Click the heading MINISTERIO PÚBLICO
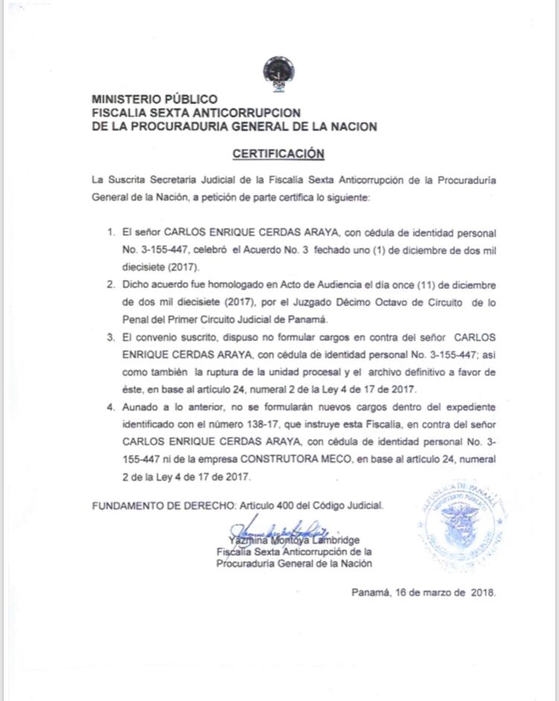coord(154,98)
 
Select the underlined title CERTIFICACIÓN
coord(279,153)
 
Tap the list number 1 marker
coord(110,233)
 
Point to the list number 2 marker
coord(110,285)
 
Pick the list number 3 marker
coord(110,337)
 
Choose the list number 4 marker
coord(110,407)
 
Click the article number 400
coord(287,505)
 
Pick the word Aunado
coord(142,407)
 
